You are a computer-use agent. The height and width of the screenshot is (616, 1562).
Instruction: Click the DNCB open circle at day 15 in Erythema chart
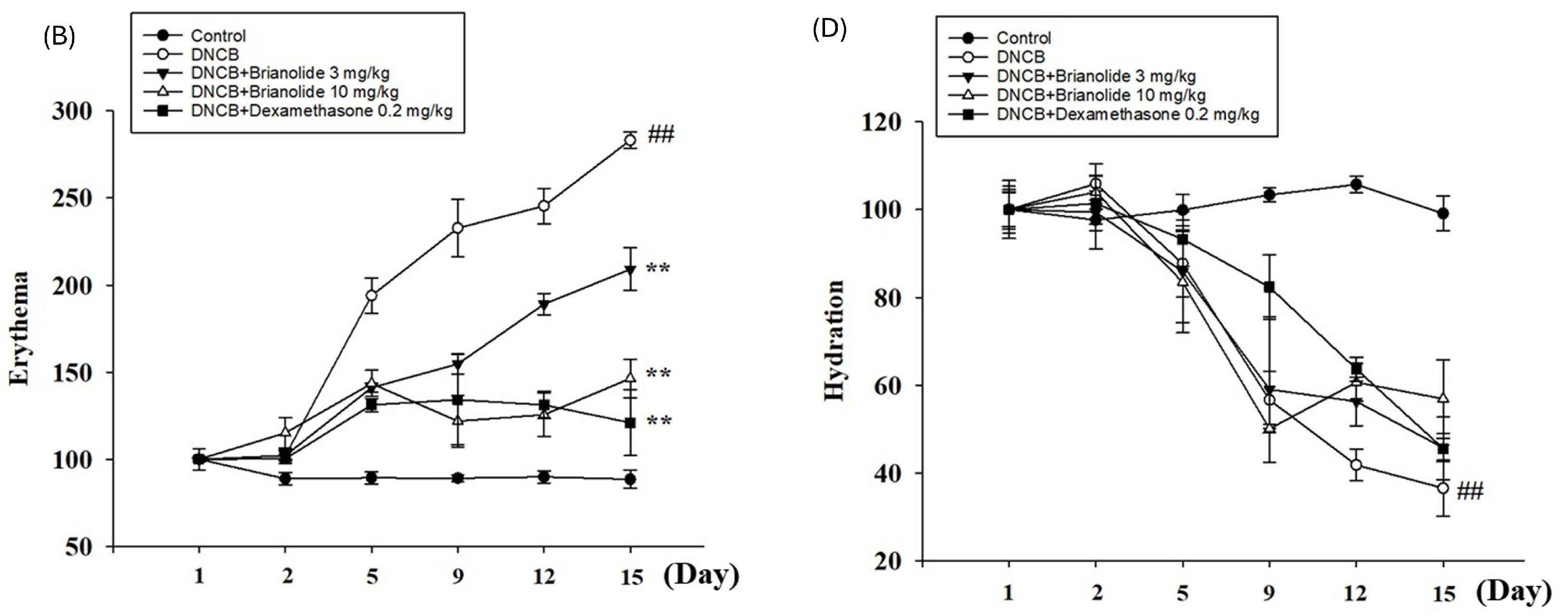pyautogui.click(x=630, y=140)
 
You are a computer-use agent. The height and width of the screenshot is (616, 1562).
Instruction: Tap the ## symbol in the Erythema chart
pyautogui.click(x=661, y=134)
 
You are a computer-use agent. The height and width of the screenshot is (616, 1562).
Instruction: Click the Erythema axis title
pyautogui.click(x=20, y=328)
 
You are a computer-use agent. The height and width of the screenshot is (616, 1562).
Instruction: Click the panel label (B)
pyautogui.click(x=59, y=38)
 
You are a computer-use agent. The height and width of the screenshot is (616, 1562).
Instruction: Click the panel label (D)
pyautogui.click(x=829, y=29)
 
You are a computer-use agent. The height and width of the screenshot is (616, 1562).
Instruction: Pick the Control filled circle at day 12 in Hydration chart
pyautogui.click(x=1356, y=184)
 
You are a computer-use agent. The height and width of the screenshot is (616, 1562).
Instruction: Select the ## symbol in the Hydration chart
pyautogui.click(x=1470, y=491)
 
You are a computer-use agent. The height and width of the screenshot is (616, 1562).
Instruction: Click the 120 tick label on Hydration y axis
pyautogui.click(x=881, y=122)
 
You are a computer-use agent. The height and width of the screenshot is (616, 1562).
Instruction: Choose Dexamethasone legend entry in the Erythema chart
pyautogui.click(x=321, y=111)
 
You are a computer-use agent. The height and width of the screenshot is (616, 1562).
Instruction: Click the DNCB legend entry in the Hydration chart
pyautogui.click(x=1021, y=57)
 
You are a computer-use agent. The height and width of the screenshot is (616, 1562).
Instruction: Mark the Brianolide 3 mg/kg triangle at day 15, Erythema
pyautogui.click(x=630, y=270)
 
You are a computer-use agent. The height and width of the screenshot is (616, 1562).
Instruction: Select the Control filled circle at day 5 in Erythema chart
pyautogui.click(x=371, y=478)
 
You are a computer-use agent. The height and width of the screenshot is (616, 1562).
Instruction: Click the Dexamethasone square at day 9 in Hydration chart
pyautogui.click(x=1269, y=287)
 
